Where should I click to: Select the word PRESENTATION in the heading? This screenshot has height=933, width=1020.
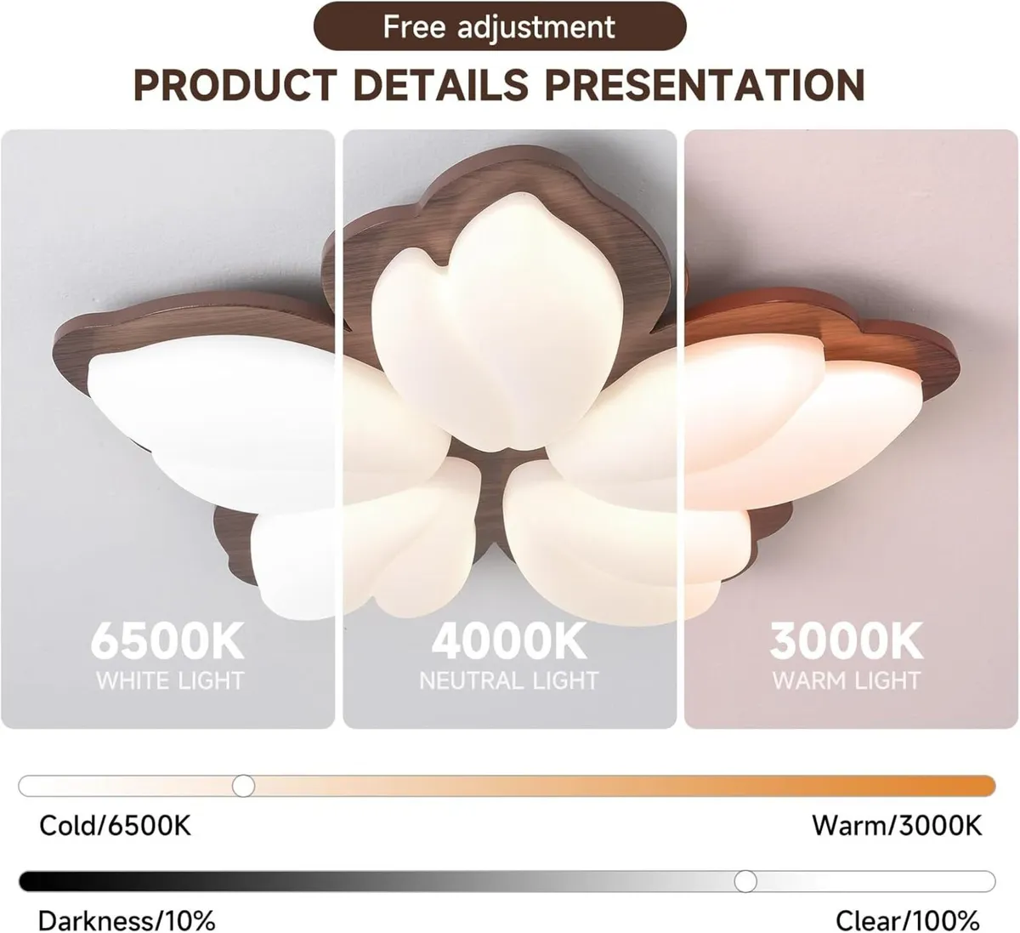(705, 85)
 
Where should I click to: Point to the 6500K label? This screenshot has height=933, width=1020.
(167, 642)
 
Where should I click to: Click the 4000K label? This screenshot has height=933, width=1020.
(509, 642)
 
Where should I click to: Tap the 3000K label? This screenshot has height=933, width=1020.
(847, 642)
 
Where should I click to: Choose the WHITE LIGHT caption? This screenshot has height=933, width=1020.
(169, 681)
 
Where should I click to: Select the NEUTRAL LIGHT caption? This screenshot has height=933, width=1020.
(509, 681)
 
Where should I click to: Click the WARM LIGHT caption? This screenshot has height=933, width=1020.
(847, 681)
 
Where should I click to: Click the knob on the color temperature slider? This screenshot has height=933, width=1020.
(244, 785)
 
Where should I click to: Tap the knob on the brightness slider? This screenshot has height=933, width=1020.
(745, 880)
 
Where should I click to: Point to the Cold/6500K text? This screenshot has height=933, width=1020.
(116, 825)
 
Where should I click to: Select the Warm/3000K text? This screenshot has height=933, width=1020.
(897, 825)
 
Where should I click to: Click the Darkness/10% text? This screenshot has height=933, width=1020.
(127, 919)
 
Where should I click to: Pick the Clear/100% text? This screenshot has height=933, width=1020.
(908, 919)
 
